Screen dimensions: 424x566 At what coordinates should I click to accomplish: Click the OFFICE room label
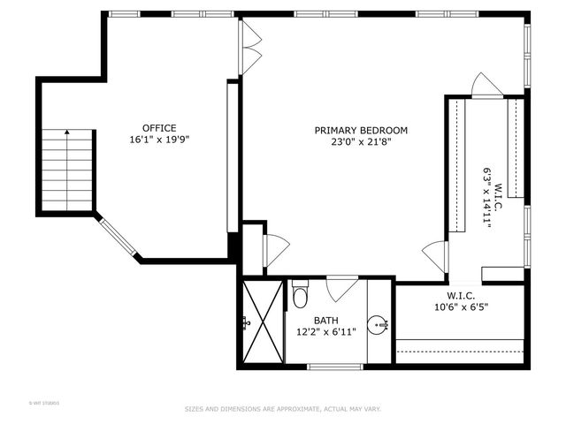point(159,127)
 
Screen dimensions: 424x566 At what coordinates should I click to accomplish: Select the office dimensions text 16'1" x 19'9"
point(159,139)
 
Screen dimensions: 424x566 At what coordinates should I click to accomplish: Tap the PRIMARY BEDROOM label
point(361,130)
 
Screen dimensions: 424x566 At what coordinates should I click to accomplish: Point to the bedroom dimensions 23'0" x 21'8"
point(361,141)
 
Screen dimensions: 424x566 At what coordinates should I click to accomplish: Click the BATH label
point(326,320)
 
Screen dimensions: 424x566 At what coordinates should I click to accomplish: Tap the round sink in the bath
point(378,324)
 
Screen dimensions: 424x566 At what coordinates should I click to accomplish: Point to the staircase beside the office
point(66,170)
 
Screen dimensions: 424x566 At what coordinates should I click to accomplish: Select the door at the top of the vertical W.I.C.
point(486,86)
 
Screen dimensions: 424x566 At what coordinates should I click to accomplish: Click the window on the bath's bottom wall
point(335,366)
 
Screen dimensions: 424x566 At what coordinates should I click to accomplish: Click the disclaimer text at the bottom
point(282,409)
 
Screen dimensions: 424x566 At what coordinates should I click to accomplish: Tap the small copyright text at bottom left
point(43,404)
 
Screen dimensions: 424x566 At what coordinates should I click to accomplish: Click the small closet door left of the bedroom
point(275,250)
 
